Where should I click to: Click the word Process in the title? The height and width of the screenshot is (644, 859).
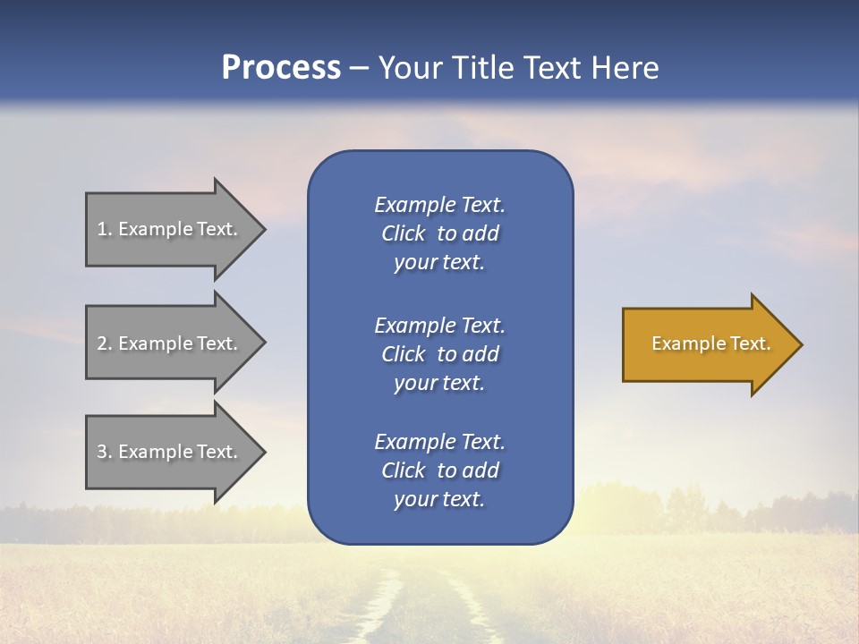click(x=281, y=68)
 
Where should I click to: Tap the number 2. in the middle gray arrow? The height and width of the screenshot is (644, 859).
click(x=104, y=343)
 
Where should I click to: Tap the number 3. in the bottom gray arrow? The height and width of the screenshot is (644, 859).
click(x=104, y=452)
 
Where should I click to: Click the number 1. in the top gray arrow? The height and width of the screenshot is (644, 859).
click(x=104, y=229)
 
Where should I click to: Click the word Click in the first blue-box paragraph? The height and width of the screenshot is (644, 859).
click(x=403, y=233)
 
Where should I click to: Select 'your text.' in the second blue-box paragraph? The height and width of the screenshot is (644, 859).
click(x=439, y=383)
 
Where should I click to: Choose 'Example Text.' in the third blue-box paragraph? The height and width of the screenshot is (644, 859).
click(x=439, y=442)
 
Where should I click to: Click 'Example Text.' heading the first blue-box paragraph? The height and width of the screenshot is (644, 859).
click(x=439, y=205)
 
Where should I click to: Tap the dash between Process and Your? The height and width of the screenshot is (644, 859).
click(x=359, y=69)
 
